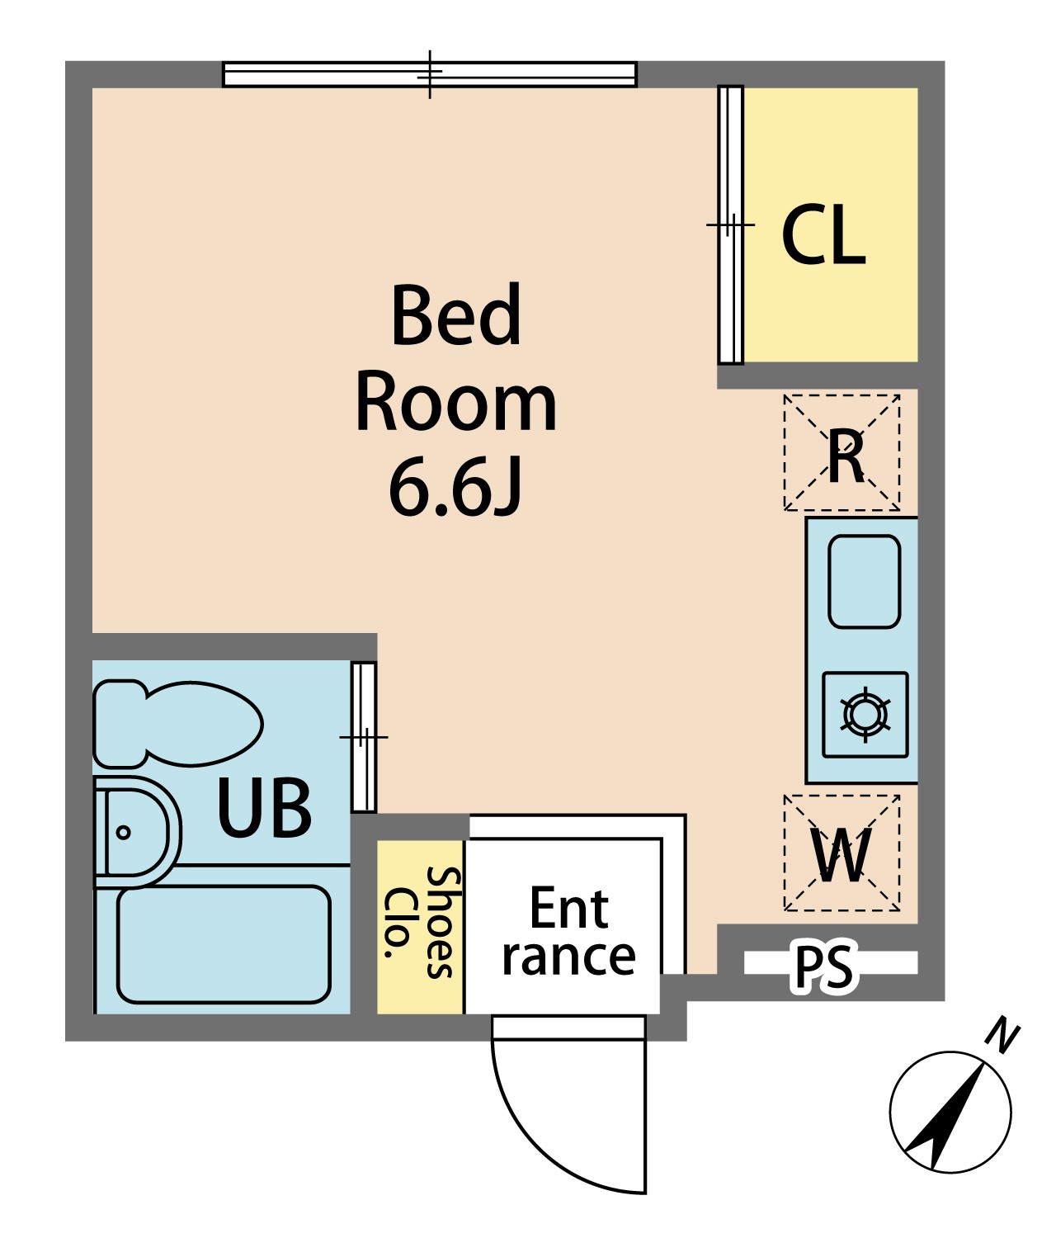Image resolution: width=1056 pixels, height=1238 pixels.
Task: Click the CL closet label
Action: [x=823, y=234]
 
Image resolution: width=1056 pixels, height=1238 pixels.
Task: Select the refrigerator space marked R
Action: [x=841, y=453]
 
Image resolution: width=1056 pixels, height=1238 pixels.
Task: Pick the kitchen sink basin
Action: [x=864, y=582]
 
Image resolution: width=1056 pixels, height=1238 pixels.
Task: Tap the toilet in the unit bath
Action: [x=178, y=724]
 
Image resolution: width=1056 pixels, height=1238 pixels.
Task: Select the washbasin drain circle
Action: [x=123, y=832]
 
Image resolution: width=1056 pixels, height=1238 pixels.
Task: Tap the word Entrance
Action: [x=568, y=931]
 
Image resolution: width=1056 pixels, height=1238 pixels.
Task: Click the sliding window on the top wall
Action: [x=429, y=74]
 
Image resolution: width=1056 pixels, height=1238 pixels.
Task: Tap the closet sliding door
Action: [x=730, y=225]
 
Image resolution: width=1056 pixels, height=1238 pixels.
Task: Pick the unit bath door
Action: [x=363, y=737]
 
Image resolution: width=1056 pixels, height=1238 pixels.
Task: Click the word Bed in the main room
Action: [x=456, y=315]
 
